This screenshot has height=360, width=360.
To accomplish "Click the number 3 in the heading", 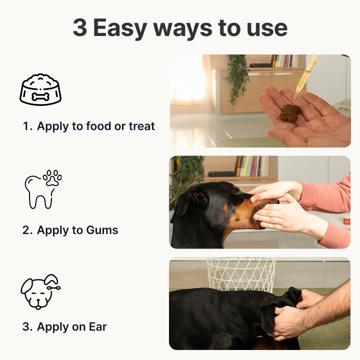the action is click(80, 27).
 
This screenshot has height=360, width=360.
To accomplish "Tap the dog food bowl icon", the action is click(40, 89).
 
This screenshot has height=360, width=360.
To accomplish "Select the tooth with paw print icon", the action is click(43, 189).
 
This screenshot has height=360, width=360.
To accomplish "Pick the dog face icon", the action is click(40, 291).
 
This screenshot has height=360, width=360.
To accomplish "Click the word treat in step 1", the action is click(141, 126).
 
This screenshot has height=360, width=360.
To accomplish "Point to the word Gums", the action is click(102, 230).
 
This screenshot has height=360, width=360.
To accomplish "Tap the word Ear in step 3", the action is click(98, 326).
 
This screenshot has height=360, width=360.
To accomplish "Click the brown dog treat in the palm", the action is click(289, 113).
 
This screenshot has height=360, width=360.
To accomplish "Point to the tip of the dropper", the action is click(294, 97).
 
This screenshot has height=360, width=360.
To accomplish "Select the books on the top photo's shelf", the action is click(286, 61).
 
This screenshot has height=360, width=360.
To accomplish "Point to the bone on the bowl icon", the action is click(40, 97).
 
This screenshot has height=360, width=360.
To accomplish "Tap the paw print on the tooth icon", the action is click(52, 177).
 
